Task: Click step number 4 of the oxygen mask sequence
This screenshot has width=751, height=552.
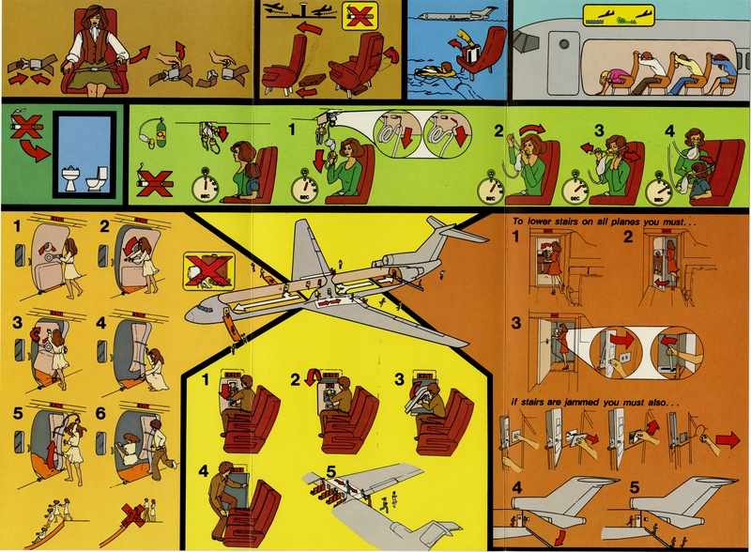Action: [x=669, y=132]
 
